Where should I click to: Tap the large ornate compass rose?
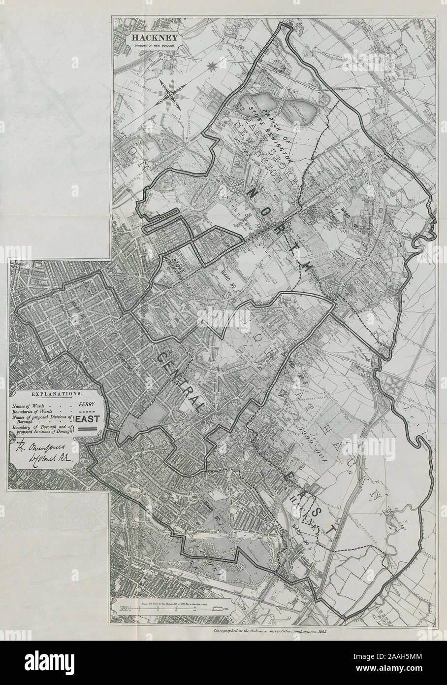[169, 93]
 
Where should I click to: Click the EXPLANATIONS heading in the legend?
[57, 394]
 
